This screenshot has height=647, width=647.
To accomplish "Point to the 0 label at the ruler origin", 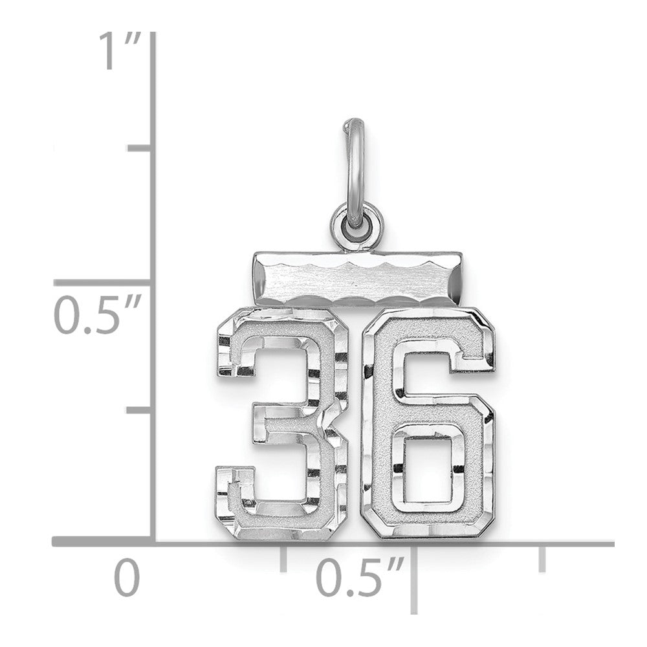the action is (127, 577).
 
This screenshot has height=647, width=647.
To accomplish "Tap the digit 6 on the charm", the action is (428, 424).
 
